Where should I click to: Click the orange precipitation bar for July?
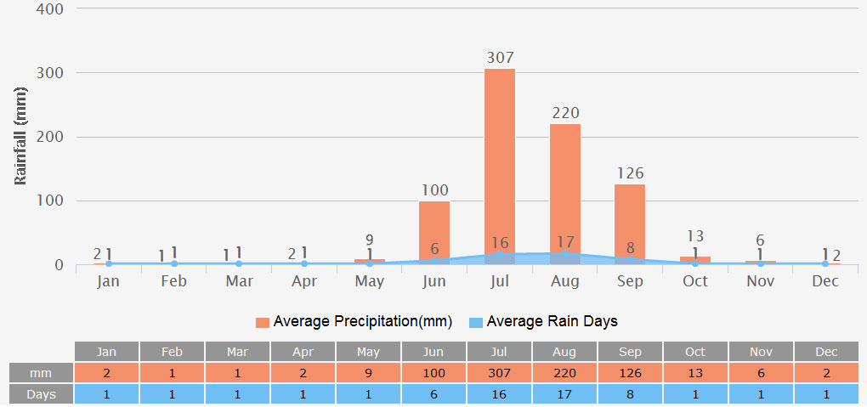coord(500,161)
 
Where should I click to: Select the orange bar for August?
coord(565,191)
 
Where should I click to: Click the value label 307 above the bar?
coord(500,58)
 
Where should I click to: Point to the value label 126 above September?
coord(630,173)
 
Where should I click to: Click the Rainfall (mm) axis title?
coord(22,137)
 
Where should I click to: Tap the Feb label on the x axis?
coord(173,281)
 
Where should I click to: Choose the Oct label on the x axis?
coord(694,281)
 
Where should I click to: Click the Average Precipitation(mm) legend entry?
coord(354,322)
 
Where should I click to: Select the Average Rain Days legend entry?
coord(543,322)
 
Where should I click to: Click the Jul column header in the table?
coord(500,352)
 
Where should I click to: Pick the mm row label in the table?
coord(41,373)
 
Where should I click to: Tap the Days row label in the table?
coord(41,394)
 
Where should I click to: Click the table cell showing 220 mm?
coord(565,373)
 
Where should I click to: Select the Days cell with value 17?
coord(565,394)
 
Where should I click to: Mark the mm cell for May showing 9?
coord(369,373)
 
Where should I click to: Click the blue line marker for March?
coord(239,263)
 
